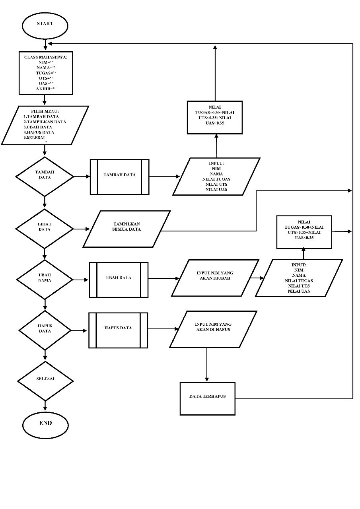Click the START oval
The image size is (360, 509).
(45, 24)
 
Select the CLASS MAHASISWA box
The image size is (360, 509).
(46, 74)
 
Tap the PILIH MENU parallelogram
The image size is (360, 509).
(45, 125)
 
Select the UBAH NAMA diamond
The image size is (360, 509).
(45, 280)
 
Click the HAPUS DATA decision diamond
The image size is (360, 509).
(45, 330)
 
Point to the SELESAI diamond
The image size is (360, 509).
(45, 381)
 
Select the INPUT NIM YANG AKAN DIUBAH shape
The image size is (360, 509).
(215, 278)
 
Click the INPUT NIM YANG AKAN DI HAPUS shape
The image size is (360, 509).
(213, 329)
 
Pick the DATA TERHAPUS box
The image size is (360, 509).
(207, 398)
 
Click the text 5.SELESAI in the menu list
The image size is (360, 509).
(34, 137)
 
